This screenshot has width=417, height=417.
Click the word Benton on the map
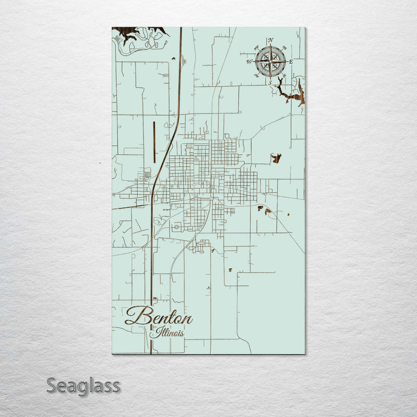point(159,317)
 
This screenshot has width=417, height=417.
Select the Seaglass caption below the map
point(83,385)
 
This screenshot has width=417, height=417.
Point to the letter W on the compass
point(250,61)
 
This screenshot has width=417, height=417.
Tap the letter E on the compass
point(291,61)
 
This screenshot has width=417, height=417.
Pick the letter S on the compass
point(269,82)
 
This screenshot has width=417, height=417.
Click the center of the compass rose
point(270,61)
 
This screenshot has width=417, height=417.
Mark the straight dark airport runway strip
point(154,141)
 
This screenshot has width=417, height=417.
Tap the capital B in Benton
point(134,316)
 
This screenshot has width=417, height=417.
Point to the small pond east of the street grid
point(276,158)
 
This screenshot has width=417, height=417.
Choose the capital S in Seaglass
point(52,385)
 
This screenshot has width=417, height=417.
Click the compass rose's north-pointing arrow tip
point(270,46)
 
